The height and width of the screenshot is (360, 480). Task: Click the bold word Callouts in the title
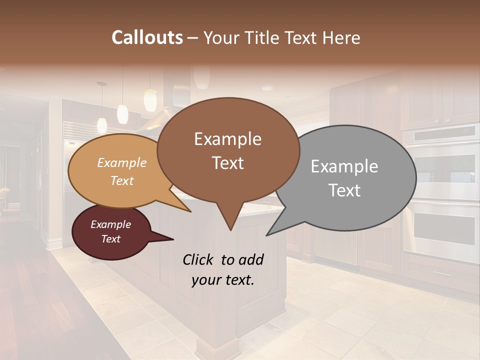pos(147,37)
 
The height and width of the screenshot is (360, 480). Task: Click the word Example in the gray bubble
pos(344,166)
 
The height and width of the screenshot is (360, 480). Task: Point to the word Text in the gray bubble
pos(345,190)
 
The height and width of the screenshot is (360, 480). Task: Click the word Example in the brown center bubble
pos(227,139)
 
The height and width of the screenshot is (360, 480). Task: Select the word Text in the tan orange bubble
pos(122,180)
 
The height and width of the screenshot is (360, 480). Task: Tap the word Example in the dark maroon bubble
pos(110,224)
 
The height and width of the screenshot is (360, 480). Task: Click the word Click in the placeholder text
pos(198,259)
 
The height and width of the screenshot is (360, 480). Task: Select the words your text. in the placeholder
pos(222,280)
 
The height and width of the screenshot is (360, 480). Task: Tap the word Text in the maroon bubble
pos(111,239)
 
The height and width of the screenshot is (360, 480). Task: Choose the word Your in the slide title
pos(222,37)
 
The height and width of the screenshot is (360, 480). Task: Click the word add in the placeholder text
pos(251,259)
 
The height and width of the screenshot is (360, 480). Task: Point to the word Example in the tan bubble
pos(122,163)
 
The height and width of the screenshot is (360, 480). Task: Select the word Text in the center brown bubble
pos(228,163)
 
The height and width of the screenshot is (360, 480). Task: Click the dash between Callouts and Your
pos(193,37)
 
